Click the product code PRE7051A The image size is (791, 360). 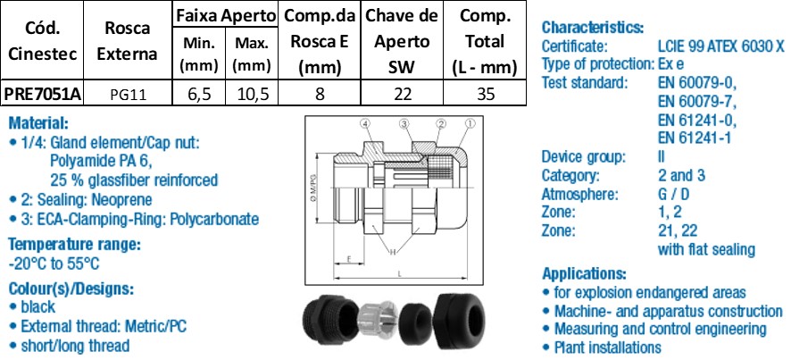pyautogui.click(x=43, y=94)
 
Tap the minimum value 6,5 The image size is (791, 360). pyautogui.click(x=198, y=94)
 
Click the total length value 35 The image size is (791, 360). pyautogui.click(x=485, y=94)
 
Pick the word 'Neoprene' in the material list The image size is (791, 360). pyautogui.click(x=121, y=200)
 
